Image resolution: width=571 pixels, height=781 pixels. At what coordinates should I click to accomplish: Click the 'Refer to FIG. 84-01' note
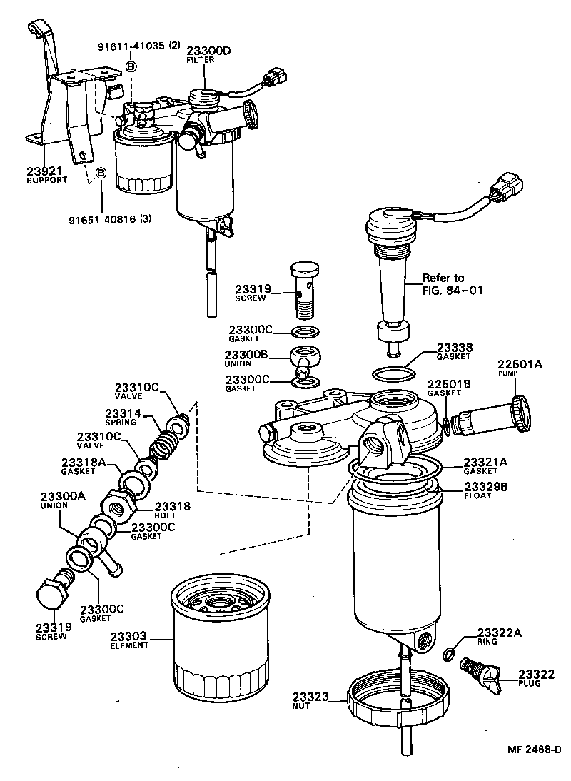[443, 284]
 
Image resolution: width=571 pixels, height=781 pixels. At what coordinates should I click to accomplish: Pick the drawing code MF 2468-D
[534, 750]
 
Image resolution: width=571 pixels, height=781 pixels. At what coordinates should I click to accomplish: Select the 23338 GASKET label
[454, 351]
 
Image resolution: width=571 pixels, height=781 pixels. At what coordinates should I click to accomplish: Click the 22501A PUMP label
[520, 368]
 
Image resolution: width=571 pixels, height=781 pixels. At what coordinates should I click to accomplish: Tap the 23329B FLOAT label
[485, 490]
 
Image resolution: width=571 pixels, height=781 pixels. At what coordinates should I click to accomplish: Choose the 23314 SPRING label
[123, 417]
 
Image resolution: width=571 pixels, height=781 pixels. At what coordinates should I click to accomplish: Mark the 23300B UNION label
[246, 357]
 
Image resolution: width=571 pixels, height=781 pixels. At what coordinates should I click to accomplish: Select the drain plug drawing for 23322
[479, 674]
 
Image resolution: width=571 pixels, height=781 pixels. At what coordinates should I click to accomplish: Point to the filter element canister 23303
[221, 640]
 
